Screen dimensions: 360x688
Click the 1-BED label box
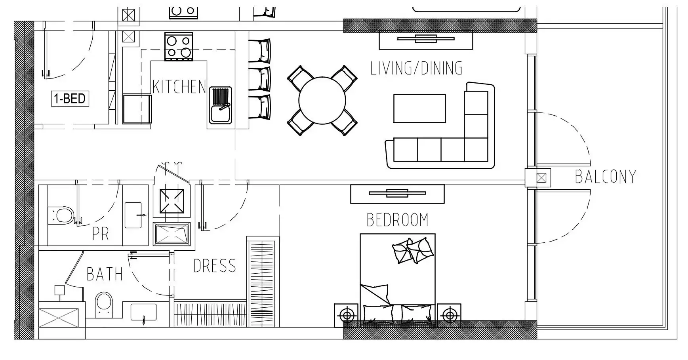click(x=70, y=98)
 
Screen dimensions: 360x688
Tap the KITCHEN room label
click(x=179, y=87)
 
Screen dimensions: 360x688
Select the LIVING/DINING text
click(x=416, y=68)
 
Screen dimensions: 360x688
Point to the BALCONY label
click(x=605, y=177)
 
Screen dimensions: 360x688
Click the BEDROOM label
click(x=397, y=220)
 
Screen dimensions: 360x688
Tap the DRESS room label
click(x=215, y=266)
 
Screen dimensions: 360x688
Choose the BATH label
click(x=105, y=274)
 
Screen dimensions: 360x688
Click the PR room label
click(x=101, y=234)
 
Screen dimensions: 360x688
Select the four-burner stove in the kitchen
click(x=179, y=47)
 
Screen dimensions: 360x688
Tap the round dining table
click(x=322, y=101)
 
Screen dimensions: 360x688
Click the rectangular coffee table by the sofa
click(x=419, y=109)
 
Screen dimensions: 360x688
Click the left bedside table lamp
click(x=347, y=315)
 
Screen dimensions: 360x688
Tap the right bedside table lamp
click(x=449, y=315)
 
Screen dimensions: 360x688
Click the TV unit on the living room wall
click(x=426, y=40)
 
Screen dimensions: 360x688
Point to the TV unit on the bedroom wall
click(x=397, y=194)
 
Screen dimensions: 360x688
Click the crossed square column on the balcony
click(x=541, y=178)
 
